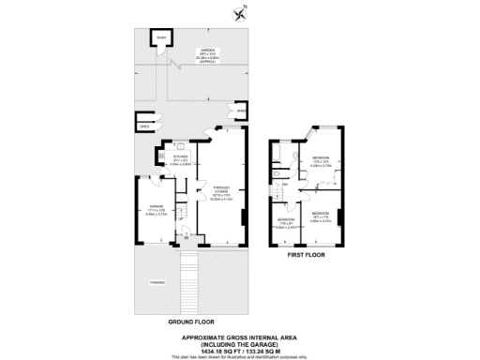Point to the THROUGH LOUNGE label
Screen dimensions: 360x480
[221, 190]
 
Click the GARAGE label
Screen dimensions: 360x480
[150, 208]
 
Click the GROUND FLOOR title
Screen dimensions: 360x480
[188, 322]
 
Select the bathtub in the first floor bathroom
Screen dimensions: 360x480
[278, 156]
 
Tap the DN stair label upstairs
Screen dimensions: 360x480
[284, 184]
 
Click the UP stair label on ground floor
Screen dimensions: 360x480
[181, 220]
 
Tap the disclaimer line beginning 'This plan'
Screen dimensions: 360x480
[240, 357]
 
